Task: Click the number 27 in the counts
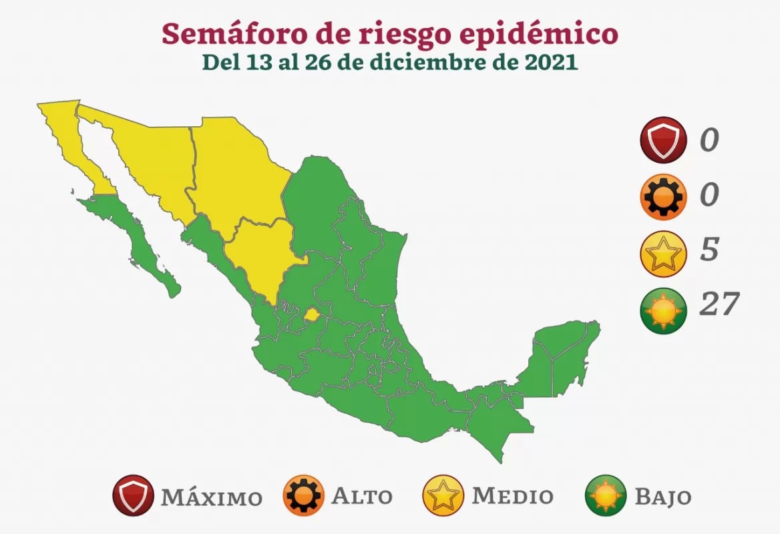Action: point(719,304)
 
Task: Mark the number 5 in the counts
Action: point(709,249)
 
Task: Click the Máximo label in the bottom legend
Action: point(211,497)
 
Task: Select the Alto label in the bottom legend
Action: point(362,497)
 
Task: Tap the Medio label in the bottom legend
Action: point(512,496)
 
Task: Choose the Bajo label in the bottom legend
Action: point(662,497)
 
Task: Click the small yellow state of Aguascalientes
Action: point(311,314)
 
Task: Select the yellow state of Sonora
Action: point(150,160)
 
